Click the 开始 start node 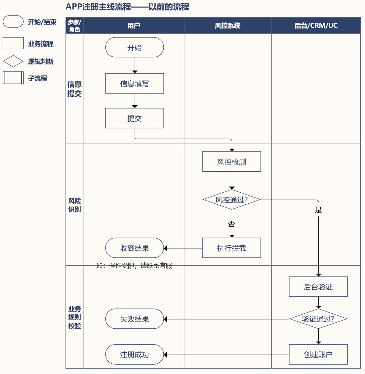coord(135,47)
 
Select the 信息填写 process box coord(135,83)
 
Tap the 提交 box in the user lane coord(135,118)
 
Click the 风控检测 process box coord(231,162)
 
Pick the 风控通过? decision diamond coord(231,200)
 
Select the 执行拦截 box coord(231,248)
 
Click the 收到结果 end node coord(135,248)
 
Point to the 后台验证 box coord(318,287)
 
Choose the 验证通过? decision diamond coord(318,319)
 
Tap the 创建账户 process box coord(318,355)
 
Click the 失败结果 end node coord(135,319)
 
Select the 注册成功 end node coord(135,355)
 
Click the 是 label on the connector coord(318,210)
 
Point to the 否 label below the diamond coord(231,224)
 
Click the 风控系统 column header coord(227,26)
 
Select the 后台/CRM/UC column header coord(316,26)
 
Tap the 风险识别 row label coord(75,205)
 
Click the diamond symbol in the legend coord(13,61)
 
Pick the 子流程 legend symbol coord(13,78)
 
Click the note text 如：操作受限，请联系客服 coord(134,266)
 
